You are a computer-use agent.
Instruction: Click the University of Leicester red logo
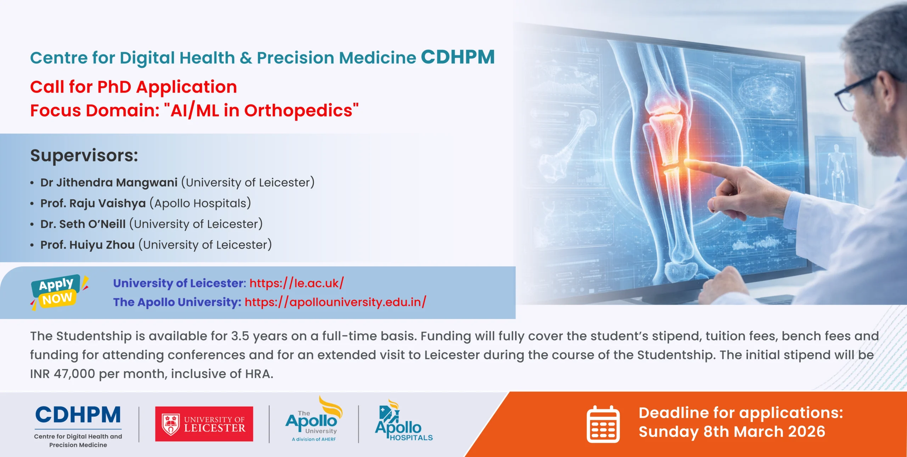204,424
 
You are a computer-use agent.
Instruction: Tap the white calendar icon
603,424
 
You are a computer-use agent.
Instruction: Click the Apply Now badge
58,292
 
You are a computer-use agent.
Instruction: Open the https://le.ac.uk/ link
297,283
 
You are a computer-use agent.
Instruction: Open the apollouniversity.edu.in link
335,302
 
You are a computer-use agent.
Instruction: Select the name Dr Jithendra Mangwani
109,182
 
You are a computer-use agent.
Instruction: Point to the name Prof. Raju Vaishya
93,203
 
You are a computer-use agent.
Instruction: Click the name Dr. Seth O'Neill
83,224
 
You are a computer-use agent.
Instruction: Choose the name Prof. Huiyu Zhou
88,245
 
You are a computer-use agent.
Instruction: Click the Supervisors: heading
84,155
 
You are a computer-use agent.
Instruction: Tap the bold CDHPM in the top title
458,57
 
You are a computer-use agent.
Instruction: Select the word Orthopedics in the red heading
298,110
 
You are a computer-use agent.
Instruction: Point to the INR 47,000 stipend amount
62,374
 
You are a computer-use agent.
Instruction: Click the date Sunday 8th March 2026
732,432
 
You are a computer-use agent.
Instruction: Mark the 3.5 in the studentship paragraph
240,336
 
